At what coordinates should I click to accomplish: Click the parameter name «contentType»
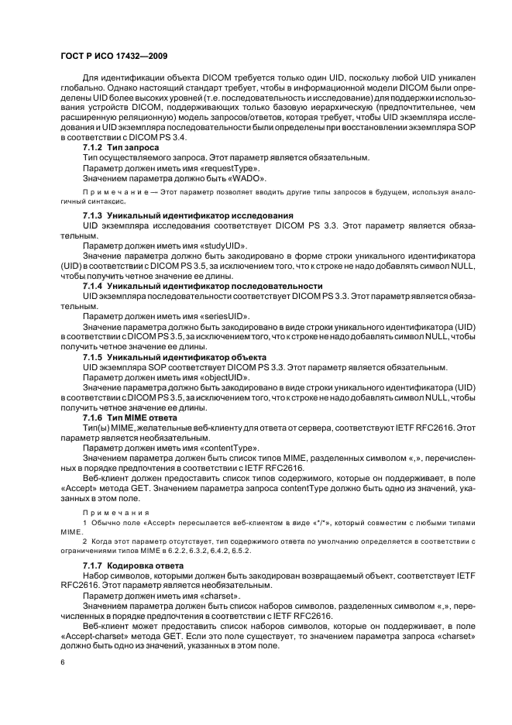point(229,448)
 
